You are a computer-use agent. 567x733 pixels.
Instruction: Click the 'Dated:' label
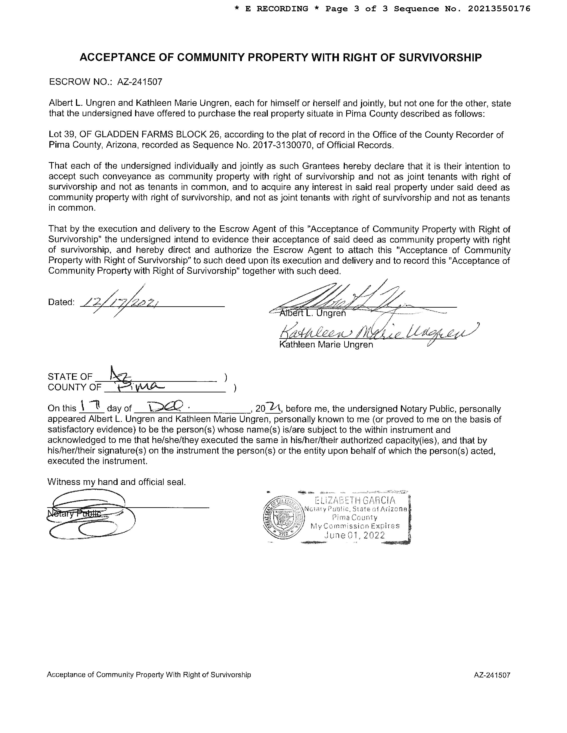tap(61, 302)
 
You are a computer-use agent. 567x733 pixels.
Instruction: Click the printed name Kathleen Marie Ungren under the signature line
tap(326, 345)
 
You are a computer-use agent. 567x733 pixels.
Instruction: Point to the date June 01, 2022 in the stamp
tap(354, 535)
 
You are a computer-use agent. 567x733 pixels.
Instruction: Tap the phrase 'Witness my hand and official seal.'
tap(117, 482)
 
